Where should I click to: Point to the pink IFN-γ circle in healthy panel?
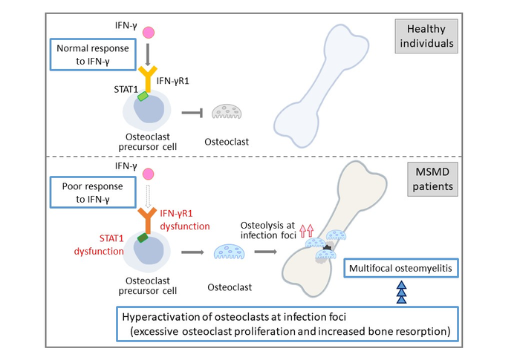coord(148,33)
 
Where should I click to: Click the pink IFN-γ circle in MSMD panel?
coord(148,174)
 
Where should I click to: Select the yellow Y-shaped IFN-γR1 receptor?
coord(148,78)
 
